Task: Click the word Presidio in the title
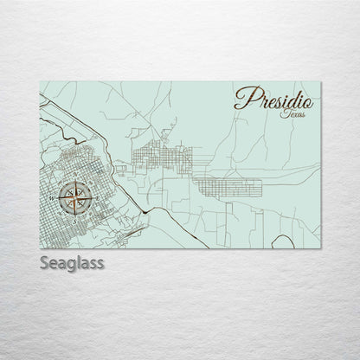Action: click(273, 99)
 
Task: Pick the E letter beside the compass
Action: click(97, 198)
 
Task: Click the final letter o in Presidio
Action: click(308, 102)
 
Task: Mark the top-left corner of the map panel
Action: click(41, 81)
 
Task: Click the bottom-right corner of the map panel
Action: click(320, 248)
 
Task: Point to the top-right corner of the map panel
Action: click(320, 81)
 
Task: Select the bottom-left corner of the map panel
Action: click(41, 248)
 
